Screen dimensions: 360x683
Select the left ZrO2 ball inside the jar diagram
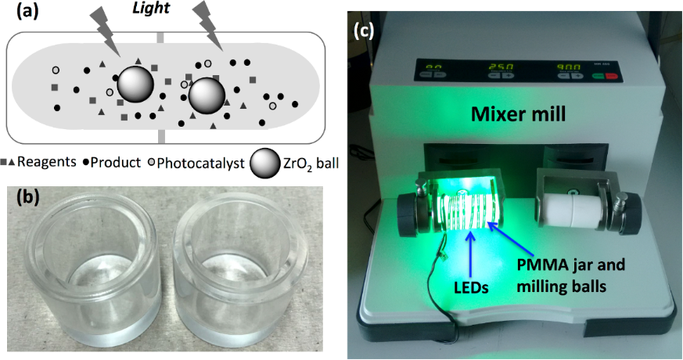[x=134, y=83]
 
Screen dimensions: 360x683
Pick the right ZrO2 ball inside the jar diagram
[x=207, y=93]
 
